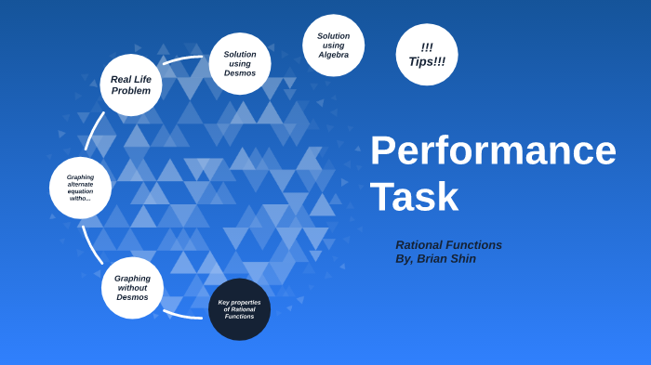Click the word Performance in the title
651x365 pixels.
coord(493,150)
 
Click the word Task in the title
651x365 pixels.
coord(414,197)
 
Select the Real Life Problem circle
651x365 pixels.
coord(131,85)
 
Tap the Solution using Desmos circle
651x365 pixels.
coord(240,63)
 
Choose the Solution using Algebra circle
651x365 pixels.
coord(333,46)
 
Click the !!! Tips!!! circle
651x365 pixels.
coord(427,55)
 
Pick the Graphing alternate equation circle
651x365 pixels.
coord(80,188)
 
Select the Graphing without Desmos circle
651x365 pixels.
coord(132,288)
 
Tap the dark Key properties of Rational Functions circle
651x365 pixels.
coord(239,309)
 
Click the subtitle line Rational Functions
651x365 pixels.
coord(448,245)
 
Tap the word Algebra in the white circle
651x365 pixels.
coord(333,55)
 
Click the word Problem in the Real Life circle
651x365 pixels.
coord(131,91)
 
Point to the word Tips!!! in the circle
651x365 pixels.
coord(427,62)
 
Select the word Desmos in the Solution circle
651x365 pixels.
coord(240,73)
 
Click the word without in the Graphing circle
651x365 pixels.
coord(132,288)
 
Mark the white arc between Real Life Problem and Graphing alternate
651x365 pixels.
coord(94,130)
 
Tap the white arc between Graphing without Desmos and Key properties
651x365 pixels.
coord(182,316)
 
